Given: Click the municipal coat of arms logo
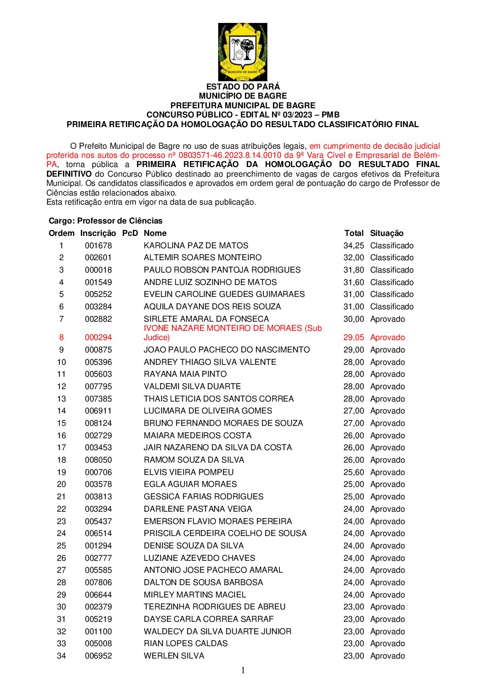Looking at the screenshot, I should [243, 52].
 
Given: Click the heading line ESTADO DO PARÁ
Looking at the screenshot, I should [243, 87].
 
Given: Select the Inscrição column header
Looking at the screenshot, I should [98, 233].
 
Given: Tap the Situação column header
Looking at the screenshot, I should [387, 233].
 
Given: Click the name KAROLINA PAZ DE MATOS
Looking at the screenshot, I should [196, 246].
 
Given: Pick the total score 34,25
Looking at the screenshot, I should [353, 246].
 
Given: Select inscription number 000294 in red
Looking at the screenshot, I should [98, 337].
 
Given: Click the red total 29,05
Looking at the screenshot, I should [353, 337].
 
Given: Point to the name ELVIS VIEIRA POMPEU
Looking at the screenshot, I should [188, 472].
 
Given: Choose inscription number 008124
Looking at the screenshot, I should [98, 423].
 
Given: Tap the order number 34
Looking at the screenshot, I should [61, 656].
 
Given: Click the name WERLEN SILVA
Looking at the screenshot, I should [174, 656].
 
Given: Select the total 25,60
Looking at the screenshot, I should [353, 472].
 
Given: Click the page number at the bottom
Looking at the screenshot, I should [243, 670].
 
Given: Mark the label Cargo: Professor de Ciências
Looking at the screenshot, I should [106, 221].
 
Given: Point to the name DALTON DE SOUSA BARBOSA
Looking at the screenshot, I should [203, 582].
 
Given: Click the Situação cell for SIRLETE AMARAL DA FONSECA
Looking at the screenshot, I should [387, 319].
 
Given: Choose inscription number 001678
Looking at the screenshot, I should [98, 246].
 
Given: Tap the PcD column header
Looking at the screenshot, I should [130, 233].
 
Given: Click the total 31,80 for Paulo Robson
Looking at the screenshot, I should [353, 270].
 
